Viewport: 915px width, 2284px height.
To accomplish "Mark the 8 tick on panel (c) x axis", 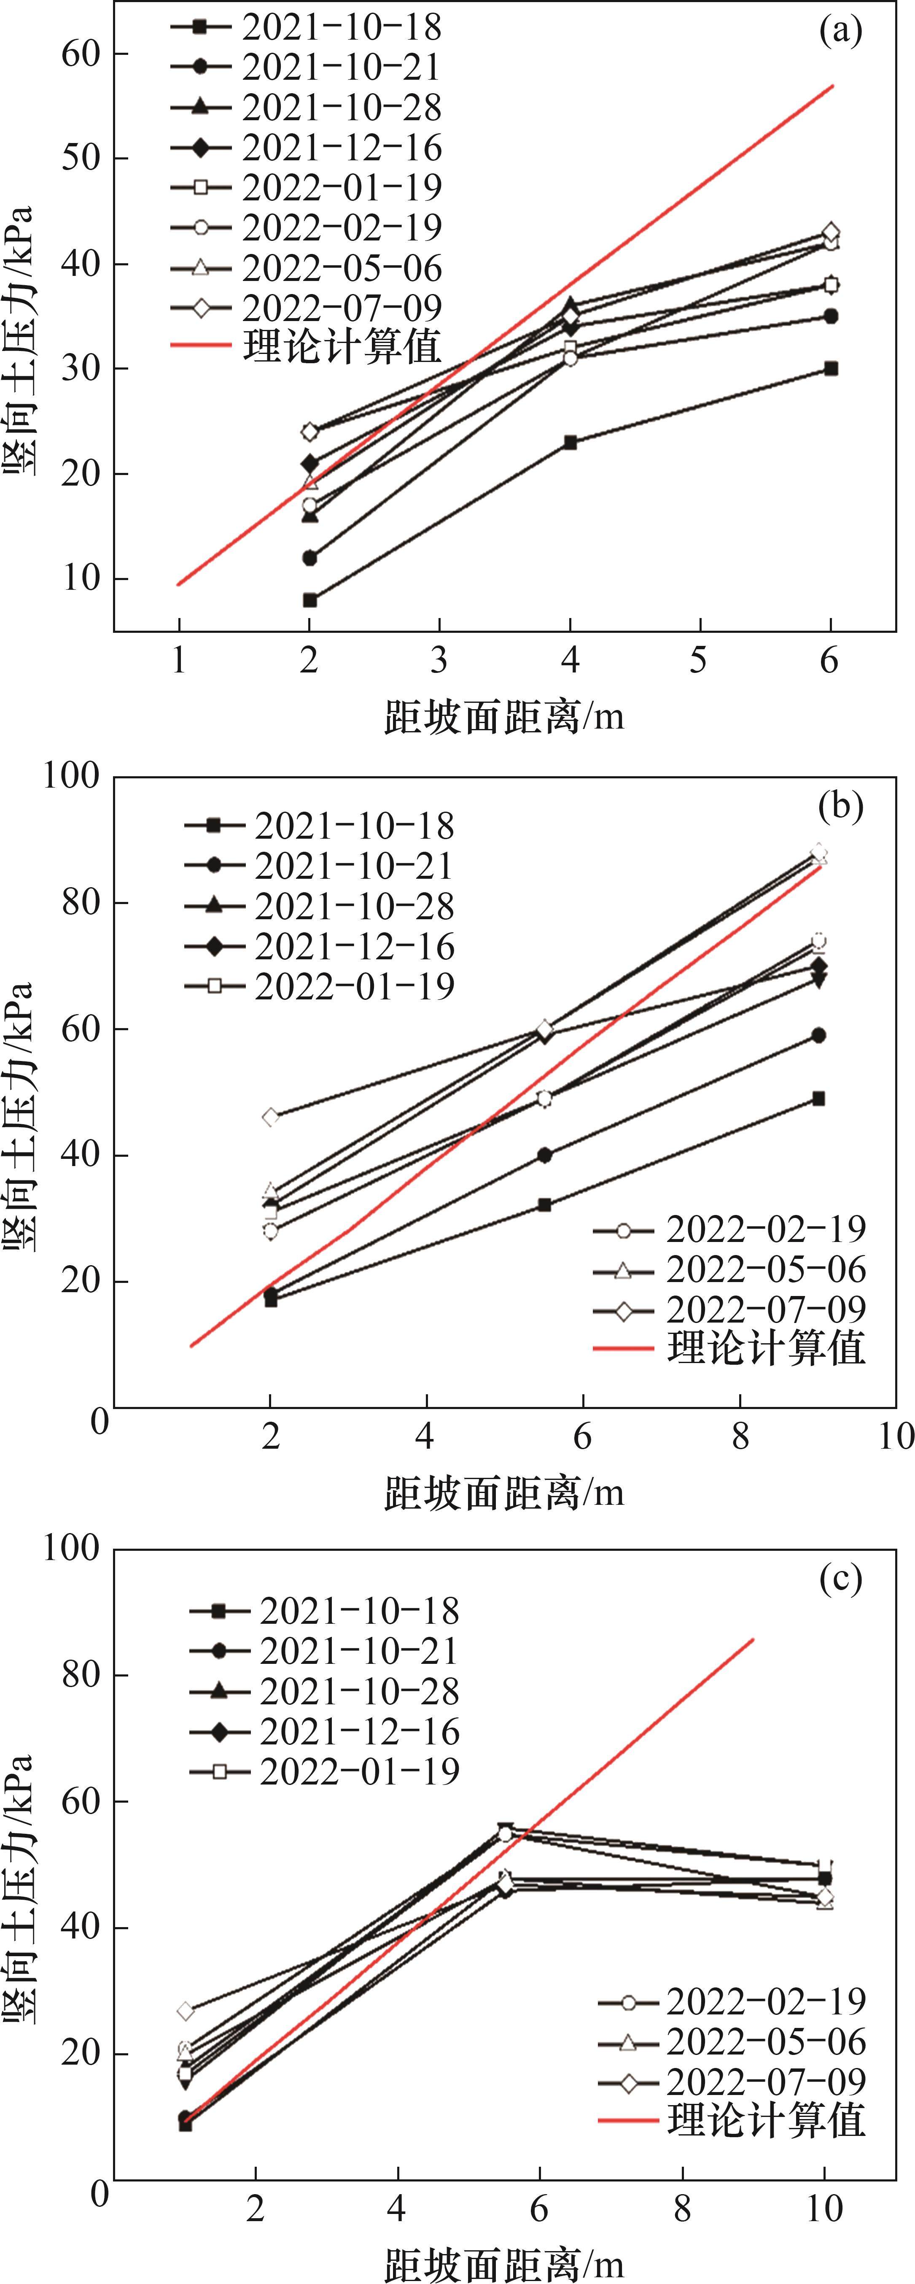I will [x=682, y=2208].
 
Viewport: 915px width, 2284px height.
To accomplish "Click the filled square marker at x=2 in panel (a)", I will [x=309, y=600].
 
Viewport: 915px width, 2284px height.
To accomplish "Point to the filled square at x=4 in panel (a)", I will [x=570, y=443].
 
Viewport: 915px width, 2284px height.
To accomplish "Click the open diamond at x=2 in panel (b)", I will [x=270, y=1116].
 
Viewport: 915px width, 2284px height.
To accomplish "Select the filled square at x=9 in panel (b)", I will [x=818, y=1099].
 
